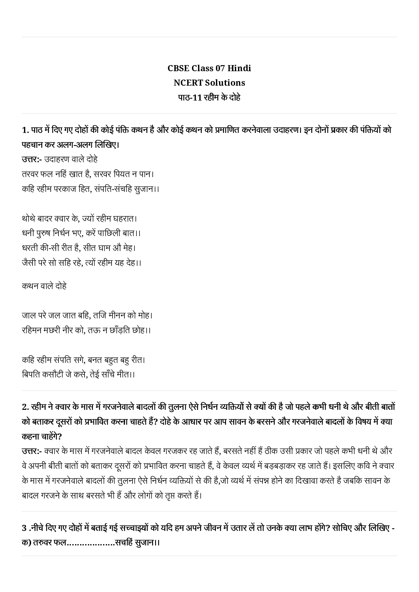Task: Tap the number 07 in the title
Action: click(219, 68)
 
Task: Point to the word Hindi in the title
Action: click(239, 68)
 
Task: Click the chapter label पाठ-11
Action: click(190, 97)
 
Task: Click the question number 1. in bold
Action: click(25, 130)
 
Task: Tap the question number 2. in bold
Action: click(25, 407)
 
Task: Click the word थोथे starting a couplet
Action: click(28, 219)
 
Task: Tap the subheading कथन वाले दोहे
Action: click(44, 286)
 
